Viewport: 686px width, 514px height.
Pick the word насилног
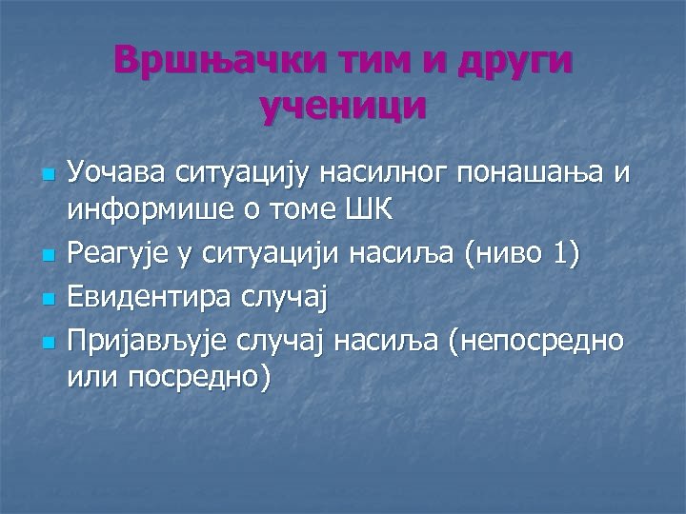[x=404, y=175]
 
